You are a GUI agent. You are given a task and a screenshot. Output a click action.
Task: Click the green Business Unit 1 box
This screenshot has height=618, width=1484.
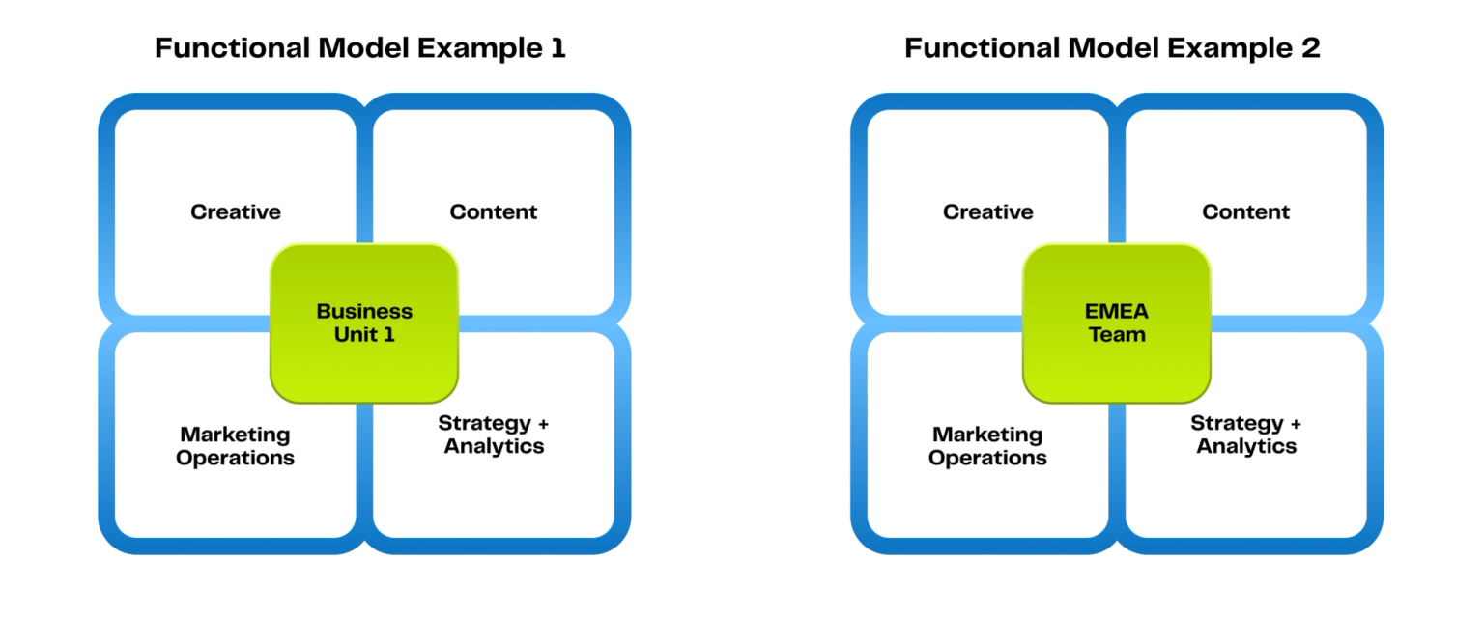pyautogui.click(x=364, y=323)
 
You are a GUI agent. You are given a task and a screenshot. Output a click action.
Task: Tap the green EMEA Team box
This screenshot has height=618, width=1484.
pyautogui.click(x=1117, y=323)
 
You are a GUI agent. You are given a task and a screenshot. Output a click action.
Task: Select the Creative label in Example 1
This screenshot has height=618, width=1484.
pyautogui.click(x=236, y=212)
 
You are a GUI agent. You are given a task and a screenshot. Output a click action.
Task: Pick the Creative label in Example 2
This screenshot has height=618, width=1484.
pyautogui.click(x=988, y=212)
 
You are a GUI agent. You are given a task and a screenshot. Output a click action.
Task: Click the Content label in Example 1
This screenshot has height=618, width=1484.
pyautogui.click(x=494, y=212)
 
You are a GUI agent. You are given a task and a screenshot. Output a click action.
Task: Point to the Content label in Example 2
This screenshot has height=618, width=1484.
pyautogui.click(x=1246, y=212)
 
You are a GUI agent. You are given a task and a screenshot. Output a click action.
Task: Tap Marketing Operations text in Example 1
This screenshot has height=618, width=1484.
pyautogui.click(x=235, y=446)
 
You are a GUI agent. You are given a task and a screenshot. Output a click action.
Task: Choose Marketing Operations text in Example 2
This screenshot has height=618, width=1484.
pyautogui.click(x=987, y=446)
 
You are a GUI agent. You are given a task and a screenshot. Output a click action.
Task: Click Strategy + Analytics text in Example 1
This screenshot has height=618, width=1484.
pyautogui.click(x=494, y=435)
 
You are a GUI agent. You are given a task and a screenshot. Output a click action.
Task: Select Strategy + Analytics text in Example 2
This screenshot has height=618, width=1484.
pyautogui.click(x=1246, y=435)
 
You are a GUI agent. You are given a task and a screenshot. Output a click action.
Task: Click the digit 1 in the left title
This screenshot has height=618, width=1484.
pyautogui.click(x=558, y=47)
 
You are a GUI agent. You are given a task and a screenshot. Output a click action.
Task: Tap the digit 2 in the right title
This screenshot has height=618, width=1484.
pyautogui.click(x=1311, y=47)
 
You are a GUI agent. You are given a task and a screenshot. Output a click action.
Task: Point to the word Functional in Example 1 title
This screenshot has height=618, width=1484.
pyautogui.click(x=233, y=47)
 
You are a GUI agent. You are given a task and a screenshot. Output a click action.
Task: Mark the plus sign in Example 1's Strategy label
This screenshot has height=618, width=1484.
pyautogui.click(x=543, y=424)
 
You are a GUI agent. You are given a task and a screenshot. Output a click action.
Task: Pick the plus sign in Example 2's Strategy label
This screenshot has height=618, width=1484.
pyautogui.click(x=1296, y=424)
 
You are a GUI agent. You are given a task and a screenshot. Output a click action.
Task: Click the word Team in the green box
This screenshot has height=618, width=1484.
pyautogui.click(x=1117, y=334)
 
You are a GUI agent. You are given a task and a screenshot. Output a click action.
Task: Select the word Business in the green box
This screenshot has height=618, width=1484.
pyautogui.click(x=364, y=311)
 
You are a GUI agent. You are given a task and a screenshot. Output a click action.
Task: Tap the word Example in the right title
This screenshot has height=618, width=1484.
pyautogui.click(x=1230, y=48)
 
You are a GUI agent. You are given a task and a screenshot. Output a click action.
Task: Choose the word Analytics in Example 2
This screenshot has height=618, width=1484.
pyautogui.click(x=1246, y=447)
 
